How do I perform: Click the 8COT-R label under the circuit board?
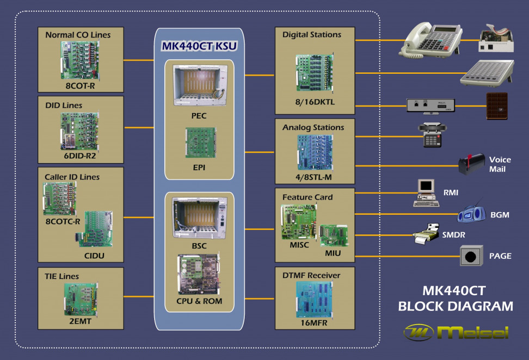81,85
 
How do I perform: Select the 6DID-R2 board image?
81,131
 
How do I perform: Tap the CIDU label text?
94,255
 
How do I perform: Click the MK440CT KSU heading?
199,46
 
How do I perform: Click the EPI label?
199,166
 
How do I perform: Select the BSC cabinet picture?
199,218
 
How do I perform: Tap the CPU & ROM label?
199,301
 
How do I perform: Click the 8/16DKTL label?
315,102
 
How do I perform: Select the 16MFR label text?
315,322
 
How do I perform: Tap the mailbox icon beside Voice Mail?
471,164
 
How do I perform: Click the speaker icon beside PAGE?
471,256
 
